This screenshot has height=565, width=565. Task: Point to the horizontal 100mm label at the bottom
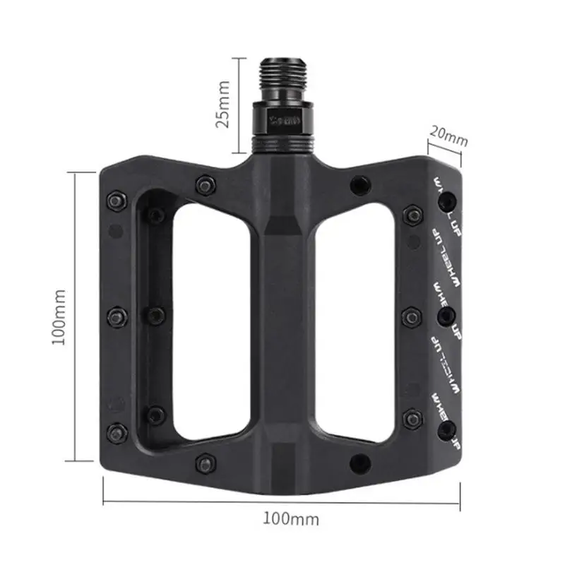pos(291,519)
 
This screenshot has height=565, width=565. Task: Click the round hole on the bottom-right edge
pos(359,463)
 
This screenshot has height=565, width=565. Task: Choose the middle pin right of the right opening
pos(410,315)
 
